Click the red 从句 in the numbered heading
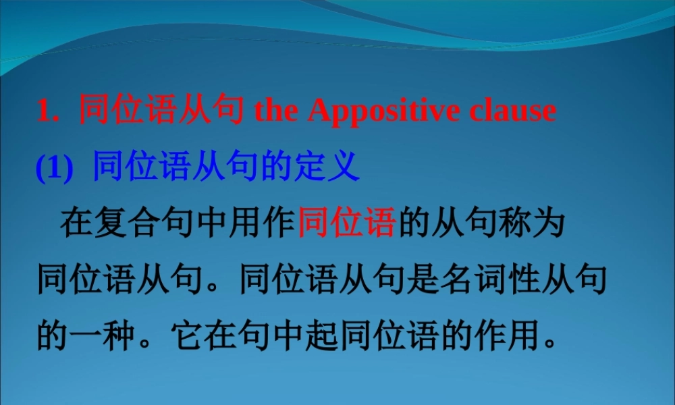(x=211, y=111)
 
